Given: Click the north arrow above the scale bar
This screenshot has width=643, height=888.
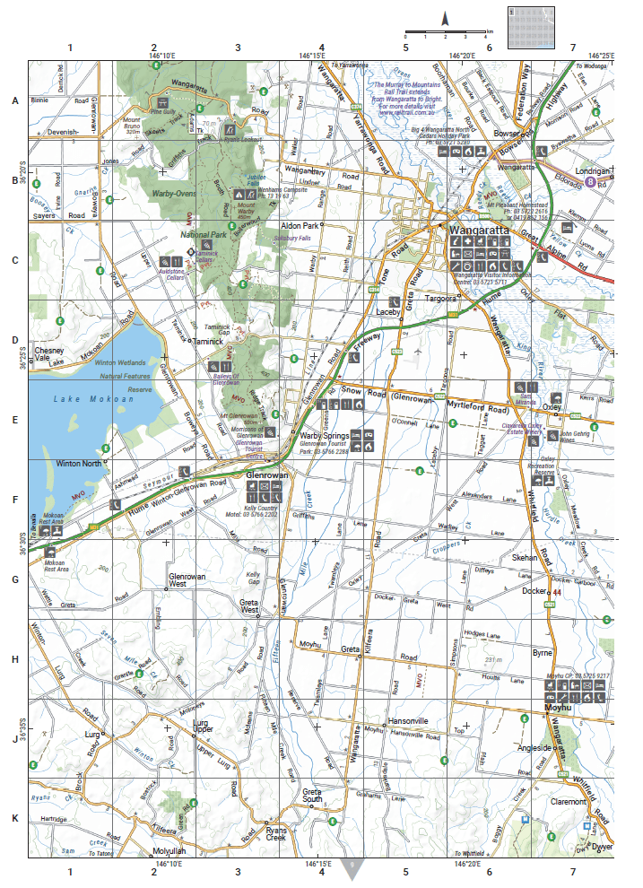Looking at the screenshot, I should pyautogui.click(x=444, y=19).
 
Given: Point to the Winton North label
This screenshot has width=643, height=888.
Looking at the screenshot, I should pyautogui.click(x=79, y=464).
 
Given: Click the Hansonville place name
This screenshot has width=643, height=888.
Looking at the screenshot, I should pyautogui.click(x=410, y=721).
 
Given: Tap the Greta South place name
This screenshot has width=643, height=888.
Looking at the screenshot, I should pyautogui.click(x=311, y=797).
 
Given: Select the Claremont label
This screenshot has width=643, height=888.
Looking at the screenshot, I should pyautogui.click(x=568, y=802).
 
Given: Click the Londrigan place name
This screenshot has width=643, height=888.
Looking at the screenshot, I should pyautogui.click(x=592, y=170).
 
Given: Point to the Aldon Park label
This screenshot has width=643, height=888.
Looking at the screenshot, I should pyautogui.click(x=300, y=225).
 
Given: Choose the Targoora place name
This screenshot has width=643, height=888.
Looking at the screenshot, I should pyautogui.click(x=440, y=298).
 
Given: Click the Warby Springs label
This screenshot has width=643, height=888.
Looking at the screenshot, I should pyautogui.click(x=324, y=436).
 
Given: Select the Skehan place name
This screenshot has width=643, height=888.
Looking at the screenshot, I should pyautogui.click(x=524, y=557).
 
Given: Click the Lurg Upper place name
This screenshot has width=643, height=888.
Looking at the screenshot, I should pyautogui.click(x=194, y=727).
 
